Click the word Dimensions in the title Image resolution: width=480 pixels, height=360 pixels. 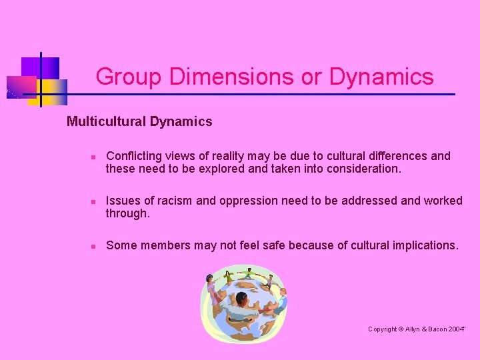click(x=231, y=77)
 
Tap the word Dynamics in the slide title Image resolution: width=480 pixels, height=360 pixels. click(x=381, y=77)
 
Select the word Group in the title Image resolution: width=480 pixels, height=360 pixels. click(x=129, y=77)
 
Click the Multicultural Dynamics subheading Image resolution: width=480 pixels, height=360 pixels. click(x=139, y=121)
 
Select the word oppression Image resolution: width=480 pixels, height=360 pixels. click(x=252, y=201)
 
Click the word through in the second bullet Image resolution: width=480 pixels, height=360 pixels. click(x=127, y=213)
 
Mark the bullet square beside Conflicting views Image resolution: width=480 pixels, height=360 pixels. click(x=94, y=157)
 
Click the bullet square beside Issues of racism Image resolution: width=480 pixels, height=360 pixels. click(x=94, y=201)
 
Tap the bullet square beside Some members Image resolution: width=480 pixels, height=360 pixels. click(x=94, y=246)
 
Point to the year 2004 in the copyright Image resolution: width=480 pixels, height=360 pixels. click(x=457, y=329)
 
